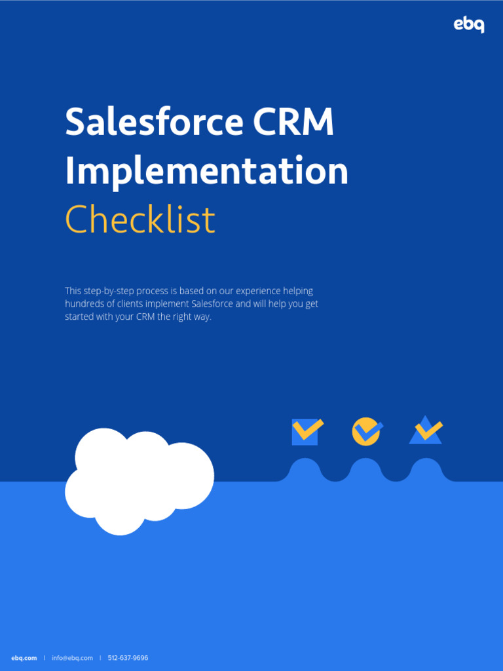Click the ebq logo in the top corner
pyautogui.click(x=469, y=25)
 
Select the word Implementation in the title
pyautogui.click(x=206, y=171)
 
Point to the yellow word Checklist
pyautogui.click(x=140, y=220)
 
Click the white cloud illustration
pyautogui.click(x=139, y=480)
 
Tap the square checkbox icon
pyautogui.click(x=306, y=432)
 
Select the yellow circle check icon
pyautogui.click(x=366, y=432)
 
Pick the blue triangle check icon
pyautogui.click(x=426, y=431)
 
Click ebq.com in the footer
pyautogui.click(x=24, y=658)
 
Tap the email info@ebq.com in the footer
pyautogui.click(x=73, y=658)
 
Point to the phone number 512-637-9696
pyautogui.click(x=128, y=658)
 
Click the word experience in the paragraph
pyautogui.click(x=258, y=291)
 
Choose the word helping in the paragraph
pyautogui.click(x=298, y=291)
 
